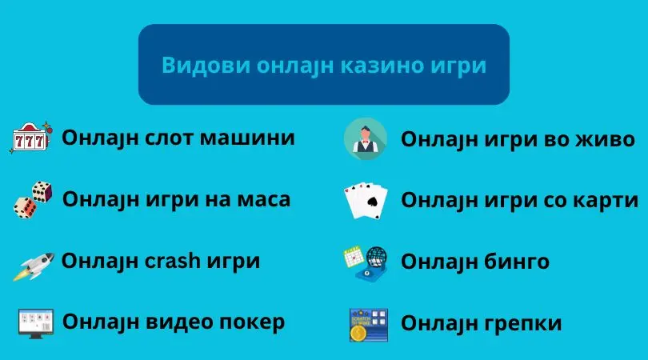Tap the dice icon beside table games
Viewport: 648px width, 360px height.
click(x=33, y=200)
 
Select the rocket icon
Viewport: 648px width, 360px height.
click(x=34, y=266)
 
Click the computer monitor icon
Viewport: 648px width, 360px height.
click(x=36, y=324)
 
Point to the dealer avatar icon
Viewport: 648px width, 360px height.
click(x=366, y=139)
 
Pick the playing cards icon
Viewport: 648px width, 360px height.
click(x=366, y=201)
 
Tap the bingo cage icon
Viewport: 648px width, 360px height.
click(x=366, y=264)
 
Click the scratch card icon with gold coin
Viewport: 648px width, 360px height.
click(x=369, y=325)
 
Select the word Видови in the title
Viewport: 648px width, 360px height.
click(x=206, y=66)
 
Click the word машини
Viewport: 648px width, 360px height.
click(x=247, y=138)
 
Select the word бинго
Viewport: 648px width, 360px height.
click(x=516, y=262)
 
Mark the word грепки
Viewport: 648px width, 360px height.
click(x=522, y=324)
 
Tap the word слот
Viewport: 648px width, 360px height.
click(x=169, y=138)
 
